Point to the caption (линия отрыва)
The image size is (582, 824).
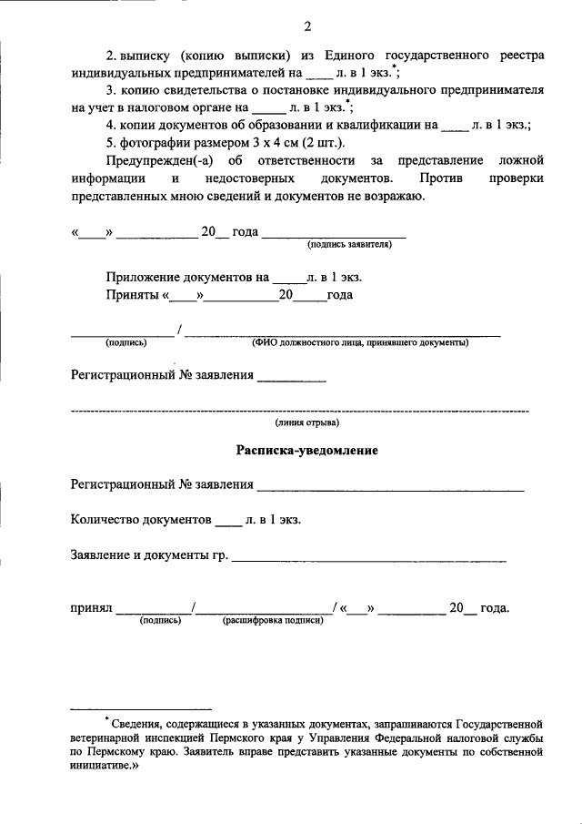click(307, 422)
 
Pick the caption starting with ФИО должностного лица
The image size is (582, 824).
click(360, 343)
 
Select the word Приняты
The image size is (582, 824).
click(132, 295)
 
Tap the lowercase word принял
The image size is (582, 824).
click(91, 608)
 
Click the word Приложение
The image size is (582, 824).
click(145, 277)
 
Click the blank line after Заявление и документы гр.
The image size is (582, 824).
click(369, 557)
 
